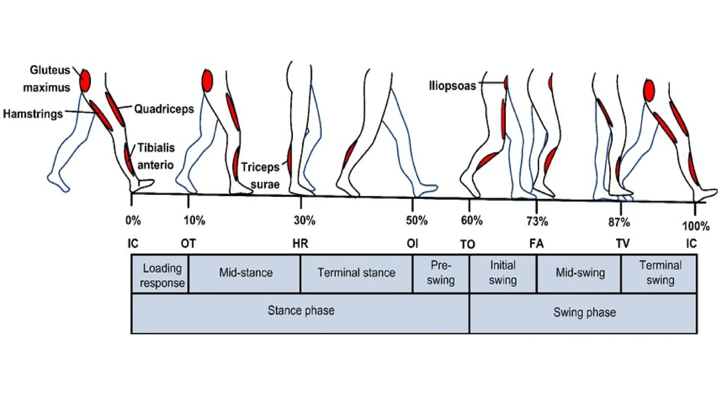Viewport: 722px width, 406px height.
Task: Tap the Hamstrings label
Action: coord(33,114)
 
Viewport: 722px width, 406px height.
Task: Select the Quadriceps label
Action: coord(164,109)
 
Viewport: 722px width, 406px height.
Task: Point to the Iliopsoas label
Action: coord(452,86)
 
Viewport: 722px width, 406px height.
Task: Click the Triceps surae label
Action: coord(261,176)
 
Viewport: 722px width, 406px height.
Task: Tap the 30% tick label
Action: coord(305,221)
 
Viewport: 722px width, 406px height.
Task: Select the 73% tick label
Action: coord(537,221)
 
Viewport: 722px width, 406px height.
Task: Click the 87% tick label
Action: coord(619,222)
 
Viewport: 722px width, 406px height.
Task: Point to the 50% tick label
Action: coord(417,221)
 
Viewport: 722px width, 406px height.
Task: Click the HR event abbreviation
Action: coord(300,244)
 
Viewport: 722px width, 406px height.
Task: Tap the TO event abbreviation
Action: coord(468,244)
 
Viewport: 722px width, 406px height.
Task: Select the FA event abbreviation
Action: coord(537,244)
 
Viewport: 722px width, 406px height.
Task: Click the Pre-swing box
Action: coord(441,273)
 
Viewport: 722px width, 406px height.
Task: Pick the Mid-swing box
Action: coord(580,273)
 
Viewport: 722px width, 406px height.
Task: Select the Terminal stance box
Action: coord(356,273)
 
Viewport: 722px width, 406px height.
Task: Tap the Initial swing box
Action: coord(503,273)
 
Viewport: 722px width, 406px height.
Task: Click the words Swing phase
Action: coord(585,312)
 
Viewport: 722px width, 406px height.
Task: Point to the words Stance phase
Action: coord(301,310)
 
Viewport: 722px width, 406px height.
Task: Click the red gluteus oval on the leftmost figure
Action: coord(85,81)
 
